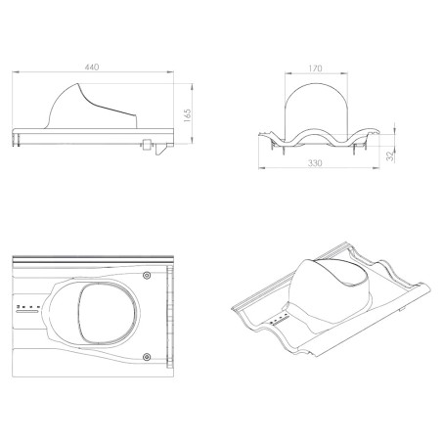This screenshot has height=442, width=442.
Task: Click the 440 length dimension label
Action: point(92,67)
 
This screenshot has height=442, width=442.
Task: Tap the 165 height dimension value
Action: point(187,115)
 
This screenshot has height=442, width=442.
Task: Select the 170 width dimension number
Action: point(315,68)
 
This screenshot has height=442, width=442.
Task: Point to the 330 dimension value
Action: point(315,163)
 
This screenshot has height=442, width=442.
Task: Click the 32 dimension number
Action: point(390,156)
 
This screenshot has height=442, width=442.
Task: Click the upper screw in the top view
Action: point(147,276)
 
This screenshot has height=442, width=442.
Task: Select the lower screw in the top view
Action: point(147,357)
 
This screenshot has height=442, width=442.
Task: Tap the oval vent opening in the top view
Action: point(108,314)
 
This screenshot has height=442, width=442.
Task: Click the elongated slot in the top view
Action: point(27,312)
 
